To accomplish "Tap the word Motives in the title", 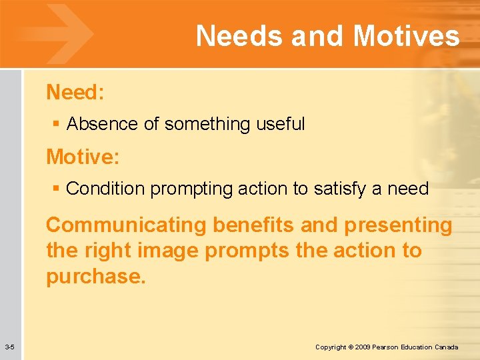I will coord(406,36).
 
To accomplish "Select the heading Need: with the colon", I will coord(75,93).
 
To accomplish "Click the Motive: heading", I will coord(83,157).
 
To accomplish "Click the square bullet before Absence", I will coord(56,125).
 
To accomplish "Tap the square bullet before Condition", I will coord(56,189).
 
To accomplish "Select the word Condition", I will coord(106,189).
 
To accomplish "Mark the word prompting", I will coord(183,189).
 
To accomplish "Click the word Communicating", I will coord(127,225).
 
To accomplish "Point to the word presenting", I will coord(398,225).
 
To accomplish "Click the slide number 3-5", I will coord(10,347).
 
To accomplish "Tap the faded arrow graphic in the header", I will coord(63,33).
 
